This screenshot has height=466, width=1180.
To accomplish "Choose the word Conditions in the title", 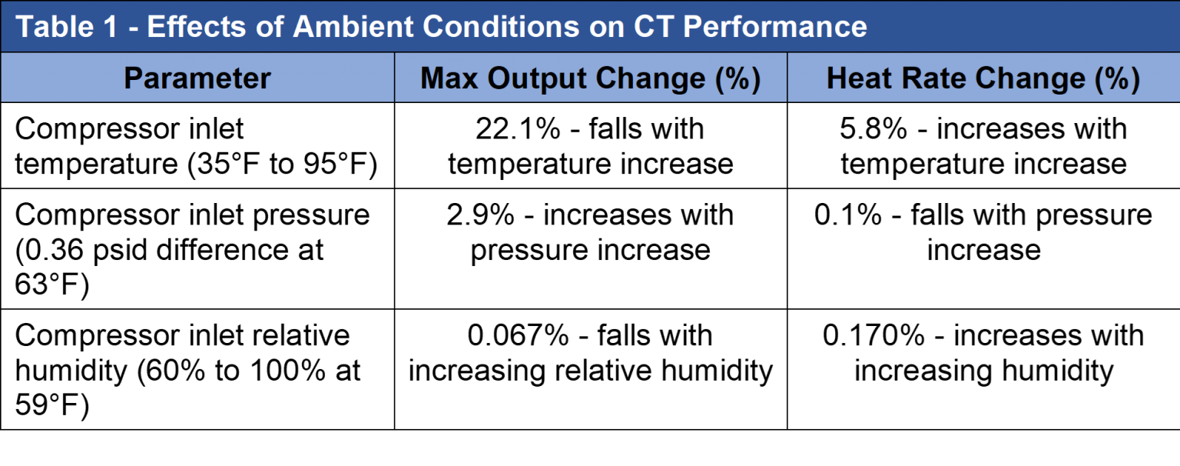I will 501,27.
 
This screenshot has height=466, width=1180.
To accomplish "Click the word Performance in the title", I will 774,27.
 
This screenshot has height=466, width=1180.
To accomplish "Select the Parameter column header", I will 197,78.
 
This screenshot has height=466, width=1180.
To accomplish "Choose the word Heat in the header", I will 859,78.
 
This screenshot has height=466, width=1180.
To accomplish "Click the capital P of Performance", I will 691,27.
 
